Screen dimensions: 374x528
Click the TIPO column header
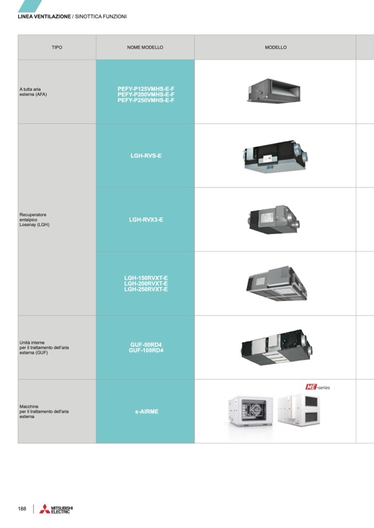tap(57, 47)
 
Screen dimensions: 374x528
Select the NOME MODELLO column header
tap(145, 47)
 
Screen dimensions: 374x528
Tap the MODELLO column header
tap(275, 47)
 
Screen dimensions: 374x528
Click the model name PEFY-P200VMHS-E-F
tap(146, 95)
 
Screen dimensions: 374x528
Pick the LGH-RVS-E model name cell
tap(146, 156)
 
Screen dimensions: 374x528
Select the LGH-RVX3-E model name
tap(146, 220)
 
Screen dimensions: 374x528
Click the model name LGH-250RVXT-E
tap(146, 289)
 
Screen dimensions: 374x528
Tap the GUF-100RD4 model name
tap(146, 351)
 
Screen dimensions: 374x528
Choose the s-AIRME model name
tap(147, 411)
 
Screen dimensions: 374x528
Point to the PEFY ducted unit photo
tap(274, 91)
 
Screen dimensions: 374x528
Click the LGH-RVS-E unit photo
tap(275, 157)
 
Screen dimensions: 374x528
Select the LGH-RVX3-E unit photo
tap(274, 219)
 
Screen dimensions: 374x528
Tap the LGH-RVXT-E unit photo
tap(276, 284)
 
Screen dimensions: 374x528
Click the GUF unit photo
tap(276, 347)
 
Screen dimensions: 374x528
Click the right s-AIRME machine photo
tap(299, 410)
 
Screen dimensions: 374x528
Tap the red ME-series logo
tap(318, 387)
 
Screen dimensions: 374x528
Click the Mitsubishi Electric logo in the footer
tap(56, 509)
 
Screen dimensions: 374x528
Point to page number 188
tap(22, 509)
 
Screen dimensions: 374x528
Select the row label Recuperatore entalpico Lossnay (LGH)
tap(34, 220)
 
